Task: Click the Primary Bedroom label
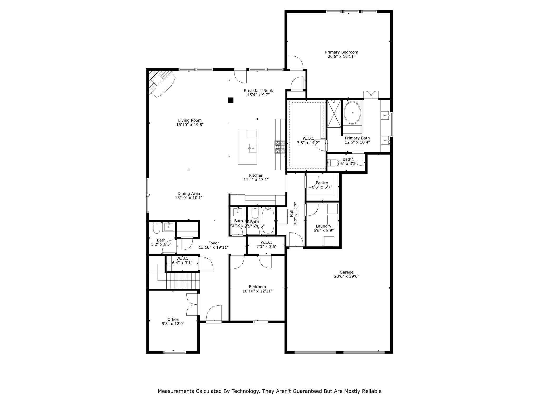[x=341, y=52]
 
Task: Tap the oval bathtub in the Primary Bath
[x=352, y=113]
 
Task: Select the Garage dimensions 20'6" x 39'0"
[x=346, y=276]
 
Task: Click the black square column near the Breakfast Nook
[x=231, y=100]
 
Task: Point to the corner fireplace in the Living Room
[x=161, y=83]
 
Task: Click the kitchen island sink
[x=252, y=148]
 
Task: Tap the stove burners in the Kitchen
[x=280, y=147]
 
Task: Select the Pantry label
[x=322, y=183]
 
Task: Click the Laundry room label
[x=323, y=226]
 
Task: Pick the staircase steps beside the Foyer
[x=183, y=281]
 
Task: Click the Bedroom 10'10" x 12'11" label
[x=257, y=287]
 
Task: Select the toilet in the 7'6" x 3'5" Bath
[x=333, y=163]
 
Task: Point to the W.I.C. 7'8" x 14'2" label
[x=308, y=138]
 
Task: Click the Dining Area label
[x=188, y=194]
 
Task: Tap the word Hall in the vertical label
[x=291, y=213]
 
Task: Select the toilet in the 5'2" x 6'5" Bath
[x=156, y=228]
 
